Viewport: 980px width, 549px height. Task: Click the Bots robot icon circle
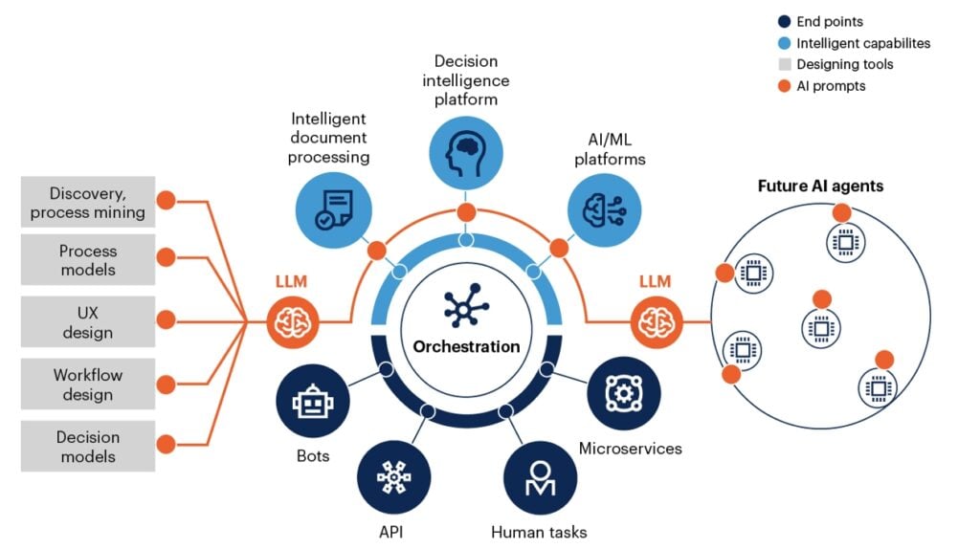pyautogui.click(x=312, y=403)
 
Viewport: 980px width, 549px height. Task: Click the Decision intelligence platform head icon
pyautogui.click(x=466, y=150)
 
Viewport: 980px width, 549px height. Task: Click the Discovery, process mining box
pyautogui.click(x=87, y=201)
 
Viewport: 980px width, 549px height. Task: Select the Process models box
pyautogui.click(x=87, y=260)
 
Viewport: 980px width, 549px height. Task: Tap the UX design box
pyautogui.click(x=87, y=322)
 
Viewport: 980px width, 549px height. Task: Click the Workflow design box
pyautogui.click(x=87, y=384)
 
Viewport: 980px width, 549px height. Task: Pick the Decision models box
pyautogui.click(x=87, y=446)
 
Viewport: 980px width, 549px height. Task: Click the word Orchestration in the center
pyautogui.click(x=466, y=346)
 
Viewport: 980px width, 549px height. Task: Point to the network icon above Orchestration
pyautogui.click(x=466, y=309)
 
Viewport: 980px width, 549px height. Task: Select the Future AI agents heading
pyautogui.click(x=820, y=186)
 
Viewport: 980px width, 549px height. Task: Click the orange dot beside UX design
pyautogui.click(x=167, y=319)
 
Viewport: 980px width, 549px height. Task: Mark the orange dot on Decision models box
pyautogui.click(x=167, y=444)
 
